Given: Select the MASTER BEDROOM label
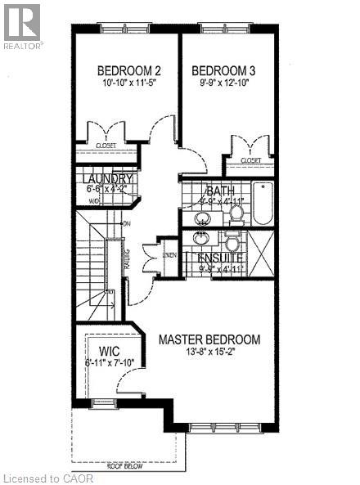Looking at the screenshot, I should pos(209,339).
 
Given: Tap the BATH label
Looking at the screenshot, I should pos(221,191).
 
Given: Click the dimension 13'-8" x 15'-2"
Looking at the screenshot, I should pos(209,353).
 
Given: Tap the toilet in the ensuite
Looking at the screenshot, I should pos(231,243).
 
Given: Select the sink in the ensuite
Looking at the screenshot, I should pos(201,239).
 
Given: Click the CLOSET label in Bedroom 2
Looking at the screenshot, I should pos(106,146).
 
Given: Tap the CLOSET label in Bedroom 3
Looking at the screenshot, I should pos(251,161).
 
